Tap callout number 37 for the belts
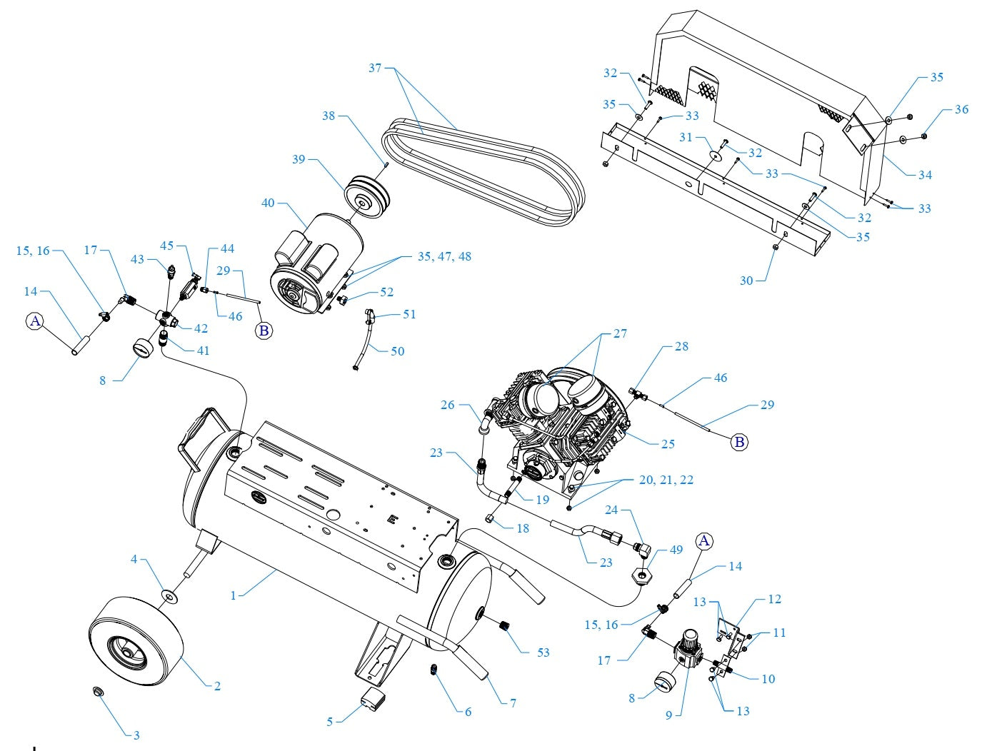(x=376, y=68)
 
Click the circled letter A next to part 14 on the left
(x=35, y=321)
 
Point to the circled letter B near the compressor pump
(x=739, y=443)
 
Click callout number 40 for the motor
(x=268, y=203)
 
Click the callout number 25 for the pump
(x=668, y=444)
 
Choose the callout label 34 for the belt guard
(x=926, y=174)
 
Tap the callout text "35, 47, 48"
(x=444, y=256)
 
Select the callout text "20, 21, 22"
(x=666, y=480)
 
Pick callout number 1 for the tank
(x=232, y=594)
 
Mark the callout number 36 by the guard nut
(x=961, y=109)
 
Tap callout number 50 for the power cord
(x=397, y=351)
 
